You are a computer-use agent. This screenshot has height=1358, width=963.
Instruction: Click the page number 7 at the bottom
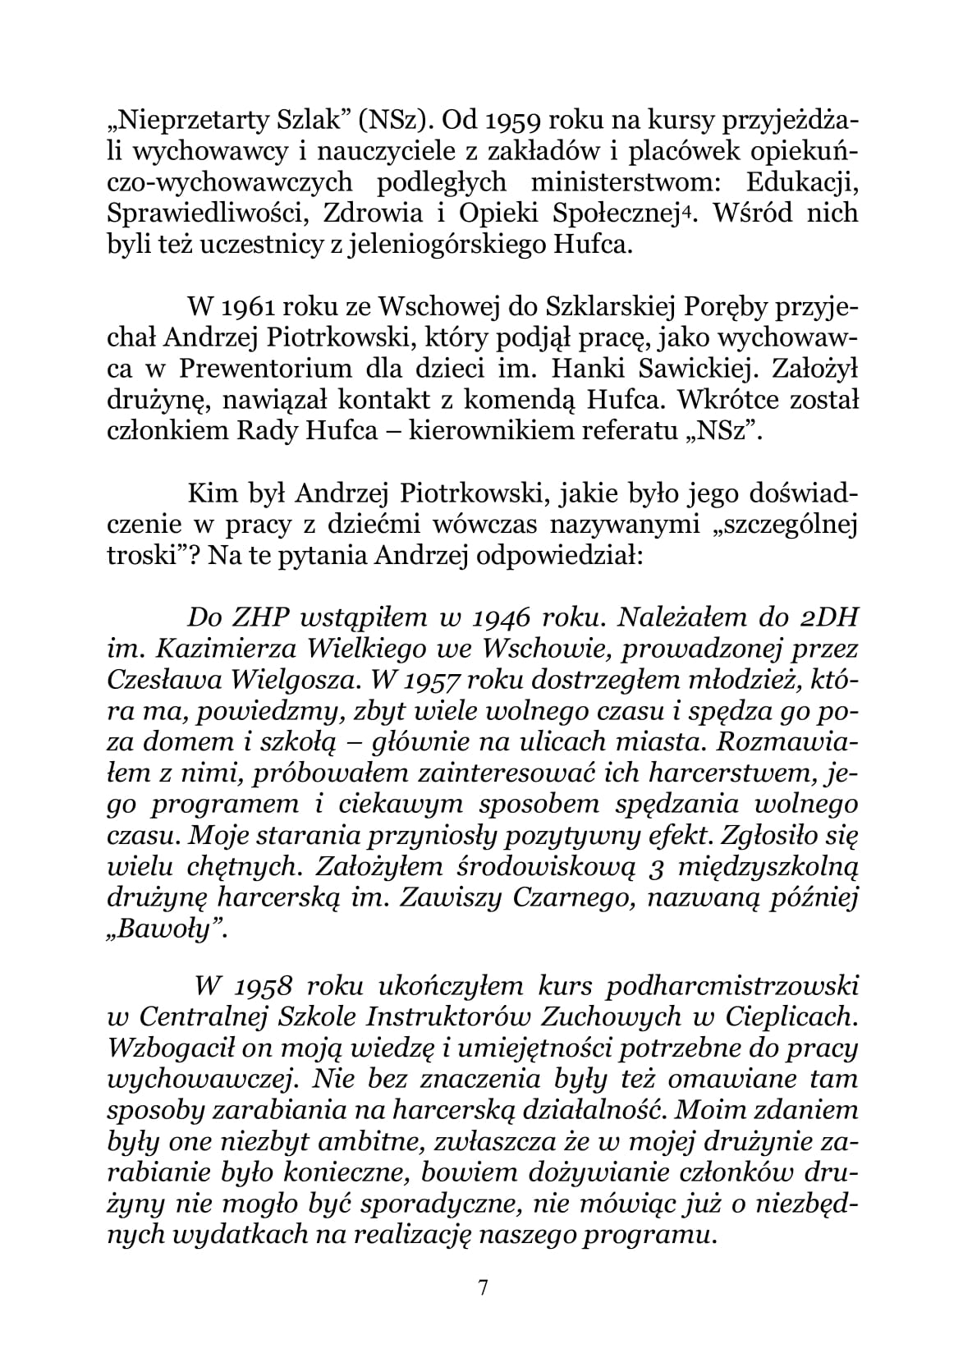482,1287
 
